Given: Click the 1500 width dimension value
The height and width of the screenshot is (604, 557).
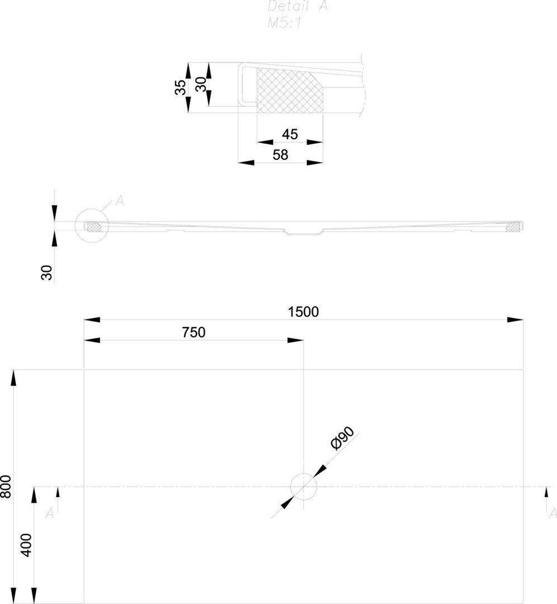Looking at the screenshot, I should [x=303, y=312].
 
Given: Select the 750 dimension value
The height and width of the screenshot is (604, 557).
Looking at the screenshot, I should [x=193, y=333].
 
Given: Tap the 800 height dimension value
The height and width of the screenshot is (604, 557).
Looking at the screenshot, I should [x=6, y=487].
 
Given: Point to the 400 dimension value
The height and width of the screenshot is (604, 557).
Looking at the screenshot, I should [x=26, y=545].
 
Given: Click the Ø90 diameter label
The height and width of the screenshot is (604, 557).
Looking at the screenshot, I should [x=342, y=438].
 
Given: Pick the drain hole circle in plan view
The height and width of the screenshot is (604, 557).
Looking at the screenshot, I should [x=304, y=486].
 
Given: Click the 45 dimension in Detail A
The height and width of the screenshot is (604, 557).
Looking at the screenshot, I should [x=290, y=134].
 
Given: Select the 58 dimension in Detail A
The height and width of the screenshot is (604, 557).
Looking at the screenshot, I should [x=280, y=155].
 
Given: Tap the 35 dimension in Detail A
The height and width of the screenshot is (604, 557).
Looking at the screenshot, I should [x=180, y=87].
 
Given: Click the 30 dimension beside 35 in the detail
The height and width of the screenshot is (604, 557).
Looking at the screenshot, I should [x=200, y=84].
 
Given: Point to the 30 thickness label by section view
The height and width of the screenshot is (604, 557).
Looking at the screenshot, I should [x=47, y=272].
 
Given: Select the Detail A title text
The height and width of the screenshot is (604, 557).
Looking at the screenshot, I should [x=297, y=7].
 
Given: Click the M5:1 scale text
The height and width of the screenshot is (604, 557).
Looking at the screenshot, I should [x=285, y=23].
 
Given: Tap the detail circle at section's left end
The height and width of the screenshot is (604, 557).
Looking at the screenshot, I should [x=91, y=226].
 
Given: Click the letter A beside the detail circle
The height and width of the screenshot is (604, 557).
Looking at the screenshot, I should [x=119, y=201].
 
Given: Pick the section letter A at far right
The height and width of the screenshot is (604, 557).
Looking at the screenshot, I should [x=553, y=513].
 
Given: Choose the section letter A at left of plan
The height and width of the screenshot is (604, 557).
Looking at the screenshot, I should [x=49, y=513].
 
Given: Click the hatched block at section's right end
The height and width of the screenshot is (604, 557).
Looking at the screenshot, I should [x=512, y=226].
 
